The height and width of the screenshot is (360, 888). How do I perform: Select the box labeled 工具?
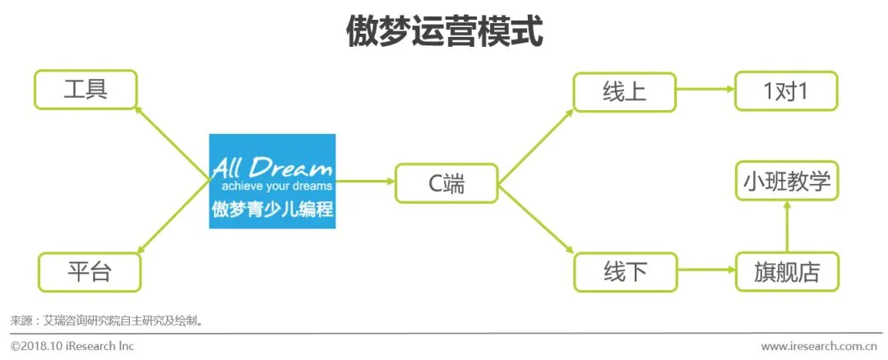click(86, 90)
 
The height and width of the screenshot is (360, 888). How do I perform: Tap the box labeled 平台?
click(90, 272)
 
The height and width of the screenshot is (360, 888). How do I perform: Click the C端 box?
click(446, 183)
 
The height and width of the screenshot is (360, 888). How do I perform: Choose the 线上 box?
click(624, 91)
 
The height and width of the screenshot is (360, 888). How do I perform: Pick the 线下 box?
click(624, 272)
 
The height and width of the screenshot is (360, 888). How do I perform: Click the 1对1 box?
click(786, 91)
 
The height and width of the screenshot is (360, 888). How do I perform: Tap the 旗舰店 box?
click(787, 272)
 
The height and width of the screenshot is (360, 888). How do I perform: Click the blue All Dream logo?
click(272, 181)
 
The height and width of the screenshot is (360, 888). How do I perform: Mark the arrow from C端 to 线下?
click(536, 220)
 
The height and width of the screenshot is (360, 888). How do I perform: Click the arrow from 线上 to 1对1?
click(705, 91)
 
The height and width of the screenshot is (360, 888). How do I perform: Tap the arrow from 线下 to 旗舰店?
click(705, 271)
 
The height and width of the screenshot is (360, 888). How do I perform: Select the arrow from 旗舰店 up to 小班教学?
click(787, 227)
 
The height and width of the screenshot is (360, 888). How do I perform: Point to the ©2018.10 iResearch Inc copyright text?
click(72, 346)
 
